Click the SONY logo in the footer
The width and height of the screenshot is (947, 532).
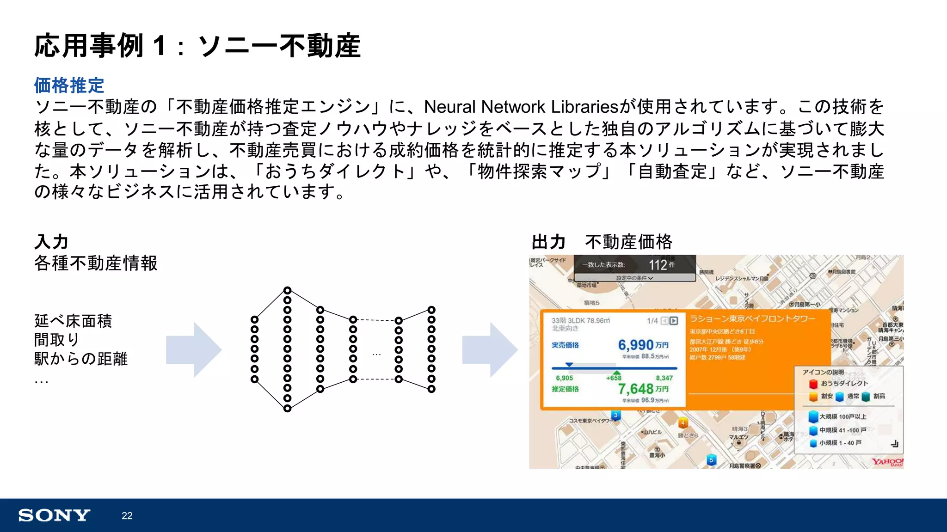click(54, 515)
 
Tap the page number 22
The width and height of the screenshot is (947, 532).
click(127, 516)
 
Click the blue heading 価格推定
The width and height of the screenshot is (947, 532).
click(69, 86)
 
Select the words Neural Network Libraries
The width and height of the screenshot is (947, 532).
click(521, 107)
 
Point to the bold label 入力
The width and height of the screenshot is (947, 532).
click(51, 242)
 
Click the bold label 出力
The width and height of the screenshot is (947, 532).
click(549, 242)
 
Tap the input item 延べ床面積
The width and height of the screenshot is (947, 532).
click(73, 321)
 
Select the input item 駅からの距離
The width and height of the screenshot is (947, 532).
click(81, 359)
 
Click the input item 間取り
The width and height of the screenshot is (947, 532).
click(57, 340)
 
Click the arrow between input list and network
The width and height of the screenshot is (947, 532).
click(194, 350)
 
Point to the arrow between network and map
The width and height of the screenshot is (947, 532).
click(490, 350)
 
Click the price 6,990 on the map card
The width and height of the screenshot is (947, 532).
click(636, 345)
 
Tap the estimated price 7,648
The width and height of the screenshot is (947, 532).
click(636, 389)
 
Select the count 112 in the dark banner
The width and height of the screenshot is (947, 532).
click(658, 265)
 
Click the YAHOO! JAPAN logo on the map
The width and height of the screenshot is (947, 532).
click(887, 462)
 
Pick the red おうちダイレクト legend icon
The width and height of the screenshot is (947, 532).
click(813, 384)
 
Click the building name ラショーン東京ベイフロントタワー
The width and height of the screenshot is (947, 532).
click(752, 319)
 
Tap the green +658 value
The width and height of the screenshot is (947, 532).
click(614, 378)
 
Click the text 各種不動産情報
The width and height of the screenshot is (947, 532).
click(96, 263)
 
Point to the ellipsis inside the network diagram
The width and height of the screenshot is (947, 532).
click(376, 355)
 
